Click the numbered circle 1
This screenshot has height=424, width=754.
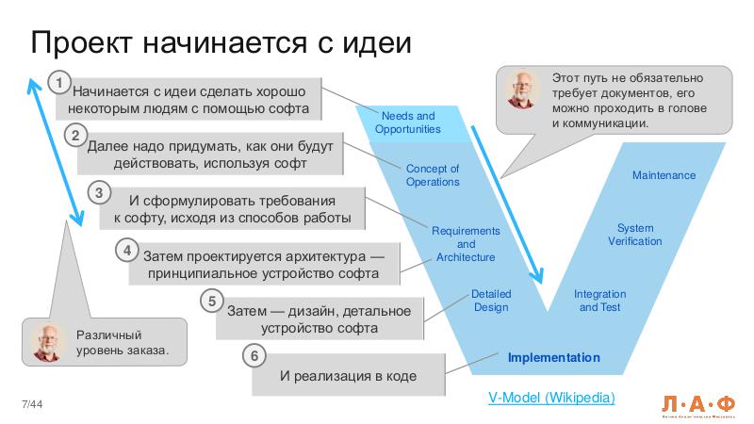point(59,83)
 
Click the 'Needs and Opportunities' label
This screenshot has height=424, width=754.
point(407,122)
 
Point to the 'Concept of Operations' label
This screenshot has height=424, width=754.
point(433,175)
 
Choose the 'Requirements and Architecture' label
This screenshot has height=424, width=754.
point(467,244)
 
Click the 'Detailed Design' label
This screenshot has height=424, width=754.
point(490,301)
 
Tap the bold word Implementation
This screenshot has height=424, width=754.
point(553,358)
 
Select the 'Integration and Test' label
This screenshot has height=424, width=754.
point(599,301)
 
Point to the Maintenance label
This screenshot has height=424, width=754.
point(664,175)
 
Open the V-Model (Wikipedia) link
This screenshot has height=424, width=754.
point(550,398)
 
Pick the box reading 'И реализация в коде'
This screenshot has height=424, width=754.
point(348,377)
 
